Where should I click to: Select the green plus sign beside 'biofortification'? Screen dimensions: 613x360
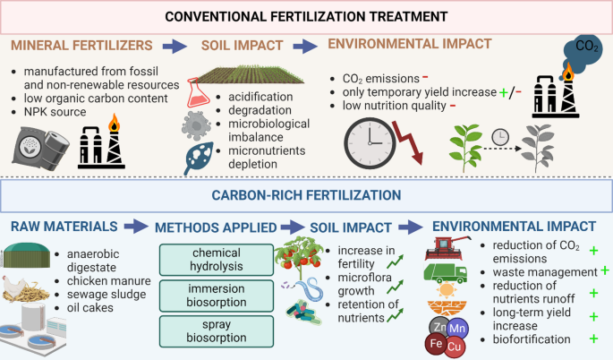[x=594, y=340]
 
